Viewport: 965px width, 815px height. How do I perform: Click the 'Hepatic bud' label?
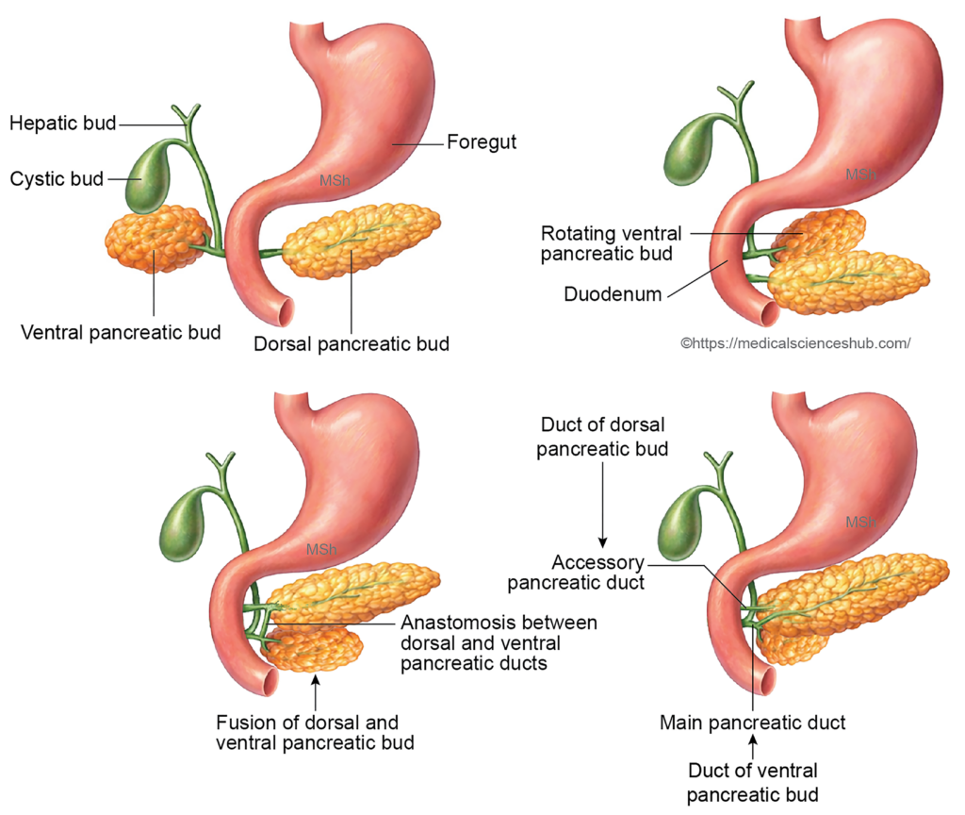62,123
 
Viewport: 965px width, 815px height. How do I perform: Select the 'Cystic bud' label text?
57,178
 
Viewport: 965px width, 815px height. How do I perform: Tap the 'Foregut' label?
482,143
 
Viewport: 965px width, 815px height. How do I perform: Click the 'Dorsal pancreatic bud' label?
352,344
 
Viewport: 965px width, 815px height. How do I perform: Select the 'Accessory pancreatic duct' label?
576,573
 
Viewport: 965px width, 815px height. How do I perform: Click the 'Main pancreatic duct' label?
752,724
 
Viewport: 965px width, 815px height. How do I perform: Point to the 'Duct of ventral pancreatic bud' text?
752,782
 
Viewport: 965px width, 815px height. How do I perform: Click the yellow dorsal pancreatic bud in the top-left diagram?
360,240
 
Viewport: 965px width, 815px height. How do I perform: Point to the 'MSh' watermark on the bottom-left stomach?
319,549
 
